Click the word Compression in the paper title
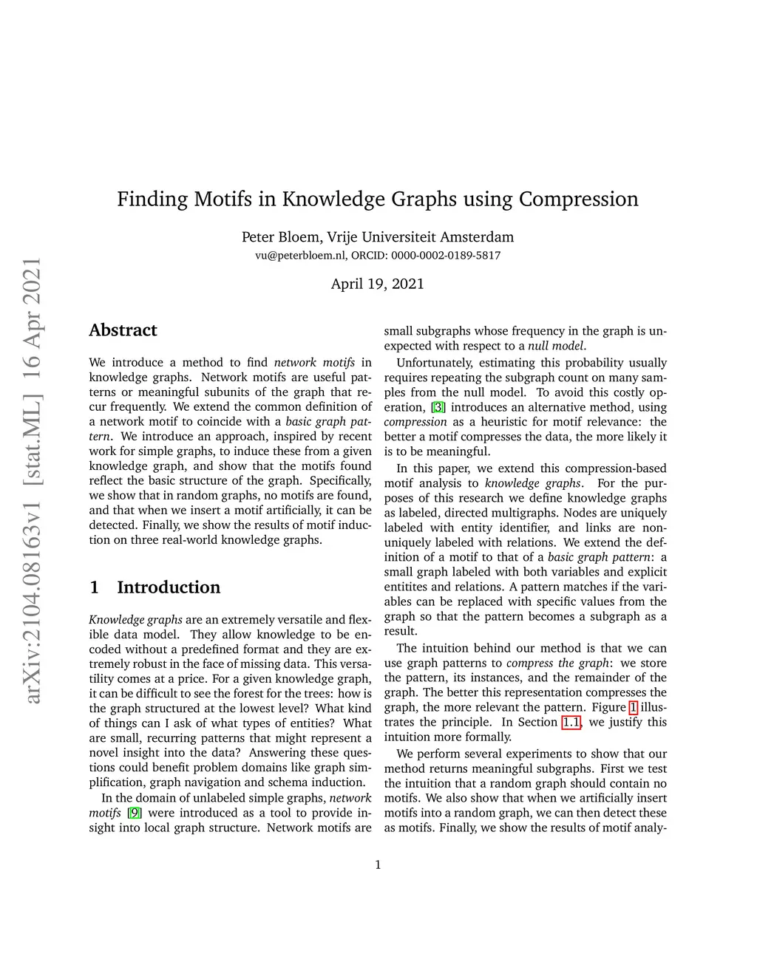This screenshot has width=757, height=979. coord(578,199)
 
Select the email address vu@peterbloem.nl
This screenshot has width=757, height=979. coord(300,256)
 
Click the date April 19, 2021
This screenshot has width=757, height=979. coord(377,284)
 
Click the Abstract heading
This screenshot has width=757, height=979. coord(123,330)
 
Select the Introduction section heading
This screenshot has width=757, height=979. coord(169,587)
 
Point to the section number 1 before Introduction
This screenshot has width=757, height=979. coord(94,587)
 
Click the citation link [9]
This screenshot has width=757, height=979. coord(134,813)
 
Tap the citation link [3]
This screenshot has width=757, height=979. coord(438,407)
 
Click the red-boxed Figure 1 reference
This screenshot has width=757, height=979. coord(633,707)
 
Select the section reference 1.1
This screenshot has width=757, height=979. coord(571,722)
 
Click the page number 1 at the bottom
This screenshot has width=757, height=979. coord(378,865)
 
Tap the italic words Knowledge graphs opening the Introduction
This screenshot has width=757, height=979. coord(135,620)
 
